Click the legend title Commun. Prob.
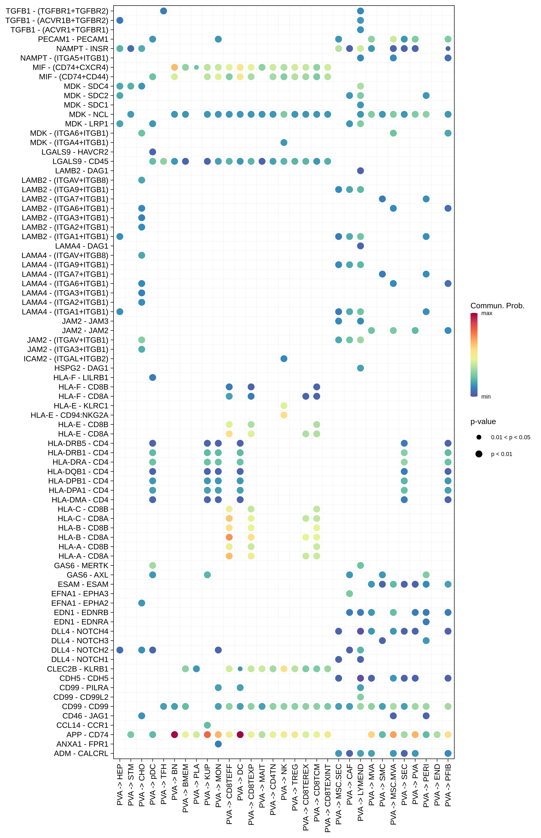(497, 306)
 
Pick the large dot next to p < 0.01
(479, 454)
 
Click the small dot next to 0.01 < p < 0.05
(479, 437)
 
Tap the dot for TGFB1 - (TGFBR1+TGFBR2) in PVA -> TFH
(163, 11)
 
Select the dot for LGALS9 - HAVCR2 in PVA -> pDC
(152, 152)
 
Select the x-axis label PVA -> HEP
(120, 784)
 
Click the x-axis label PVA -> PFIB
(448, 785)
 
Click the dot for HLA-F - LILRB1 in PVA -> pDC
(152, 377)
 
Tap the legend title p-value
(483, 422)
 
